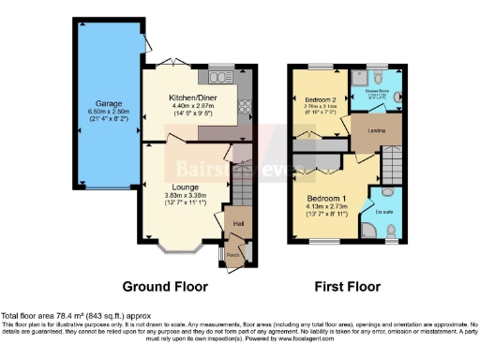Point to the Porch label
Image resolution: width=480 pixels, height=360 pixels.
coord(232,254)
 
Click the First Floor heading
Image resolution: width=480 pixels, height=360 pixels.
coord(346,286)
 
